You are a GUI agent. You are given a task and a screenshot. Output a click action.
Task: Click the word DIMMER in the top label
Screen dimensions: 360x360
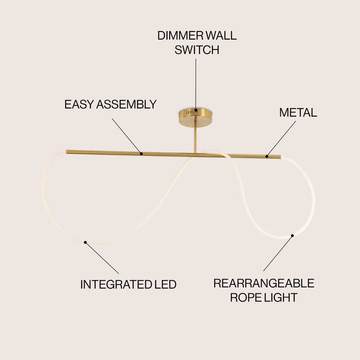click(180, 36)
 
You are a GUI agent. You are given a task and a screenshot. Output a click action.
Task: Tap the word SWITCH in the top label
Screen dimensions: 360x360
click(197, 50)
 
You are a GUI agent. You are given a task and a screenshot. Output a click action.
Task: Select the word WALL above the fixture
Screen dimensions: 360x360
click(221, 36)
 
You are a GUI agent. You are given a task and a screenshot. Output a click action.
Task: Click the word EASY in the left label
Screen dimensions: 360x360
click(79, 104)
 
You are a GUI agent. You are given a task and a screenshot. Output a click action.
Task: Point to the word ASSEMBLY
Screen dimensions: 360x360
click(126, 104)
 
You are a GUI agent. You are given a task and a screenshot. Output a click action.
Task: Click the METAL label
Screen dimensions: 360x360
click(298, 112)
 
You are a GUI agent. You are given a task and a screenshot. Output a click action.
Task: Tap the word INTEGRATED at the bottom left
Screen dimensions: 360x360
click(116, 284)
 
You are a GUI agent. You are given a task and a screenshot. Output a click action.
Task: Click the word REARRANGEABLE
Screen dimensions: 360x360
click(264, 283)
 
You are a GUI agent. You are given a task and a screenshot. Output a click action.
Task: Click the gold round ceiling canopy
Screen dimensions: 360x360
click(195, 117)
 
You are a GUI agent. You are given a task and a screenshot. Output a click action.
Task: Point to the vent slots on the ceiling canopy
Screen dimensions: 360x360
click(190, 112)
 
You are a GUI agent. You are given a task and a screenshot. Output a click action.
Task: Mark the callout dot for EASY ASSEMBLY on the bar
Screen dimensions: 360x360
click(141, 153)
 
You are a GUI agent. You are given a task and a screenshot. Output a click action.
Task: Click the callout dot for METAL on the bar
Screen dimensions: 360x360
click(267, 156)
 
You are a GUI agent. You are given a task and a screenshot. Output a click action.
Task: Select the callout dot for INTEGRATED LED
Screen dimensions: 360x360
click(85, 242)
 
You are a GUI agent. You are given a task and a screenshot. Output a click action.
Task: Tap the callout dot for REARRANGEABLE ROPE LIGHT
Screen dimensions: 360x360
click(292, 235)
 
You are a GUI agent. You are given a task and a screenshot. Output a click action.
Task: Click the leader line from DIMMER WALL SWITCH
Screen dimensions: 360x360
click(196, 84)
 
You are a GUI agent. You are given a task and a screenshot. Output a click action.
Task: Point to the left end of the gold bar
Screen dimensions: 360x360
click(67, 152)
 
